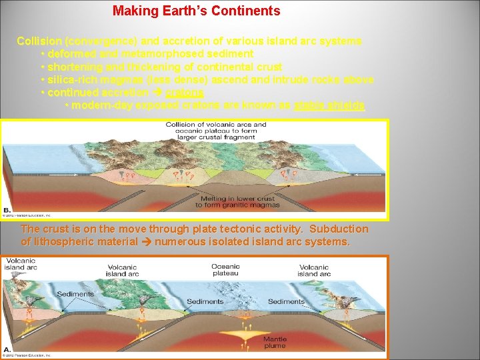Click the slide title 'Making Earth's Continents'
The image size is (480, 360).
click(196, 11)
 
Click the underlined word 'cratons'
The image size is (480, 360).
click(185, 93)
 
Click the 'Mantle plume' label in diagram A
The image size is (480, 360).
click(275, 342)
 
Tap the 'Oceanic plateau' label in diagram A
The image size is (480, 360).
click(225, 269)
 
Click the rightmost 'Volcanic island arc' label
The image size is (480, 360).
click(313, 270)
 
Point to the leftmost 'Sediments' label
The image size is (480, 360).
click(75, 294)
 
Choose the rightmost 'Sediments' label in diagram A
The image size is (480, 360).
click(286, 301)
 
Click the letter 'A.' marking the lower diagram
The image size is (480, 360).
click(7, 349)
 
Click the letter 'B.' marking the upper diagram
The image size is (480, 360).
click(7, 208)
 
